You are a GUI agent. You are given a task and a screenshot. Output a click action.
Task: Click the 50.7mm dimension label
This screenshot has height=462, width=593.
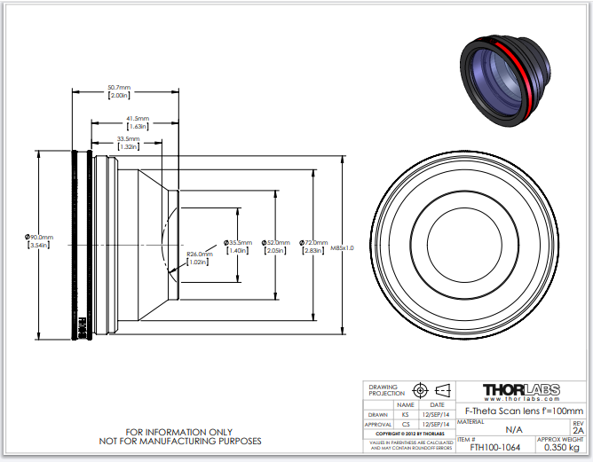click(x=118, y=87)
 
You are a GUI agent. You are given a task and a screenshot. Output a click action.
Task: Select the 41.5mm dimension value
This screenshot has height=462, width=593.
click(x=137, y=118)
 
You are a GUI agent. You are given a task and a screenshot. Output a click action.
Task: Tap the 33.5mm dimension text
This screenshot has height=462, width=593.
click(x=128, y=138)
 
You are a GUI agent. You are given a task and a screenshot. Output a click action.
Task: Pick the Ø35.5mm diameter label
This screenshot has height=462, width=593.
click(x=238, y=242)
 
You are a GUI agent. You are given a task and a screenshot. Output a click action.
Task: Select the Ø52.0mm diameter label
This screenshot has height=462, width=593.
click(x=277, y=242)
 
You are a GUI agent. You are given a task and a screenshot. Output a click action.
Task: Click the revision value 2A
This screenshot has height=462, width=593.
click(x=578, y=430)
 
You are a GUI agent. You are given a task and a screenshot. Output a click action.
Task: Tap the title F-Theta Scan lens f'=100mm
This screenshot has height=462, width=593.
click(x=525, y=411)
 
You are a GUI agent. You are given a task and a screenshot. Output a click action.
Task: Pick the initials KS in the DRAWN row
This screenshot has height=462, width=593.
click(x=406, y=413)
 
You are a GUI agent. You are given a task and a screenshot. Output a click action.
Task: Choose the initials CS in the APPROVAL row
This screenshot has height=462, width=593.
click(x=406, y=425)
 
